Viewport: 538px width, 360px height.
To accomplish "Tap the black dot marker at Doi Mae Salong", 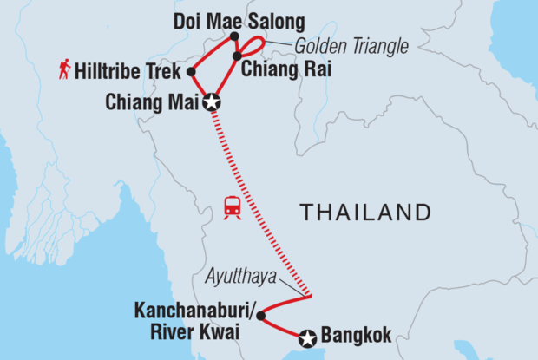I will click(234, 36).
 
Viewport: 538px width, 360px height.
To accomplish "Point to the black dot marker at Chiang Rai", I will click(236, 56).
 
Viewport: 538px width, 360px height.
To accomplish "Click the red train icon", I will click(233, 207).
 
